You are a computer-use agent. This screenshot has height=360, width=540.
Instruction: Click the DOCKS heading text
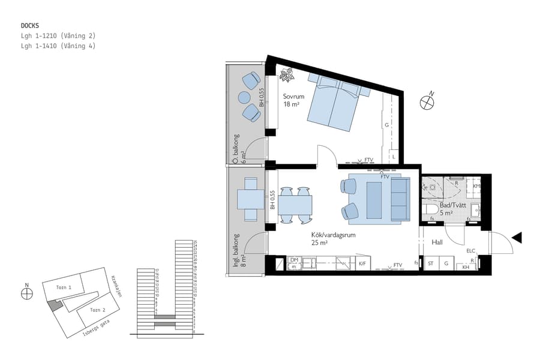(x=30, y=26)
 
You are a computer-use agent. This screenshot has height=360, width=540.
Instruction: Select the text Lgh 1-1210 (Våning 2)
(x=58, y=36)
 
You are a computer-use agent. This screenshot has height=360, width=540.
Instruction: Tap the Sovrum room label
(x=294, y=97)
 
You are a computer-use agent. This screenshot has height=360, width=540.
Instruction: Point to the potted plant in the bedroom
(x=287, y=75)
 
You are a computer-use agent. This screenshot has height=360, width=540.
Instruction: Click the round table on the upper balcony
(x=244, y=97)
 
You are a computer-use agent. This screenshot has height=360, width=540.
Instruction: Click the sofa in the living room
(x=400, y=199)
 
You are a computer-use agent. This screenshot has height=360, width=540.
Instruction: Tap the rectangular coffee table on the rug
(x=373, y=200)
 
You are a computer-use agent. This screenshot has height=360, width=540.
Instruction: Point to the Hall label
(x=437, y=242)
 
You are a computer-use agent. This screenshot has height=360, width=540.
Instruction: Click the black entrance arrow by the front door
(x=517, y=238)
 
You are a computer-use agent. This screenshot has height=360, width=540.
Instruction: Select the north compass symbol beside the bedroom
(x=427, y=102)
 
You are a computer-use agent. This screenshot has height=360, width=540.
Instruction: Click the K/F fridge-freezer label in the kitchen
(x=362, y=263)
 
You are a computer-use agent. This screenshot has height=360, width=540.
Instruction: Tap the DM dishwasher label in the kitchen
(x=294, y=260)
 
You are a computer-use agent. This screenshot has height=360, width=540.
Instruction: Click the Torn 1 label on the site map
(x=64, y=287)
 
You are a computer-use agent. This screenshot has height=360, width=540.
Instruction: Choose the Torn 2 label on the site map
(x=98, y=310)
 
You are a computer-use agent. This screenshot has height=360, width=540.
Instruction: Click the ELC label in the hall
(x=470, y=251)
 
